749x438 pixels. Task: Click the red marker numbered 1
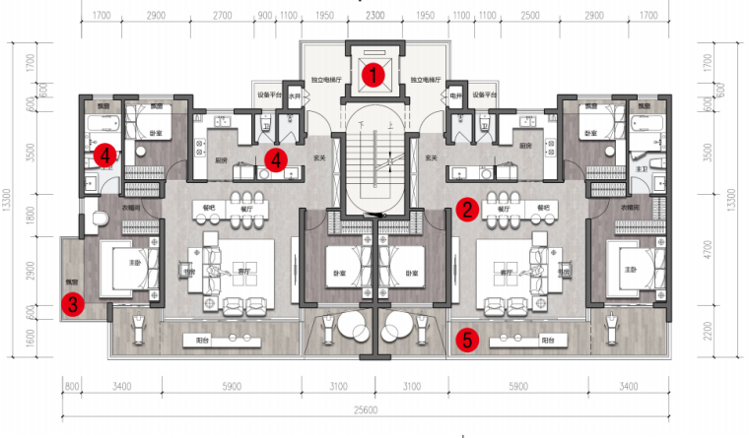tap(373, 72)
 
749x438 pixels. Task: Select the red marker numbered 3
tap(75, 305)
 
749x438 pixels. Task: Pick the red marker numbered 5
tap(469, 340)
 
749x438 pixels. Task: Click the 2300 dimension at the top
tap(374, 17)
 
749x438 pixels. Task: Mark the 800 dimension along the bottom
tap(71, 387)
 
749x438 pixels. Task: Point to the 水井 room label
tap(291, 96)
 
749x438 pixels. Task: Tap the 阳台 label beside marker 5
tap(547, 339)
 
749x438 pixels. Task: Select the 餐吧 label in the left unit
tap(208, 208)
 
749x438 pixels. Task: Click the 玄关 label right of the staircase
tap(431, 157)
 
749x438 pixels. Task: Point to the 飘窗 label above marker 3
tap(71, 280)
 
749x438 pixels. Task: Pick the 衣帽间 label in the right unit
tap(628, 208)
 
